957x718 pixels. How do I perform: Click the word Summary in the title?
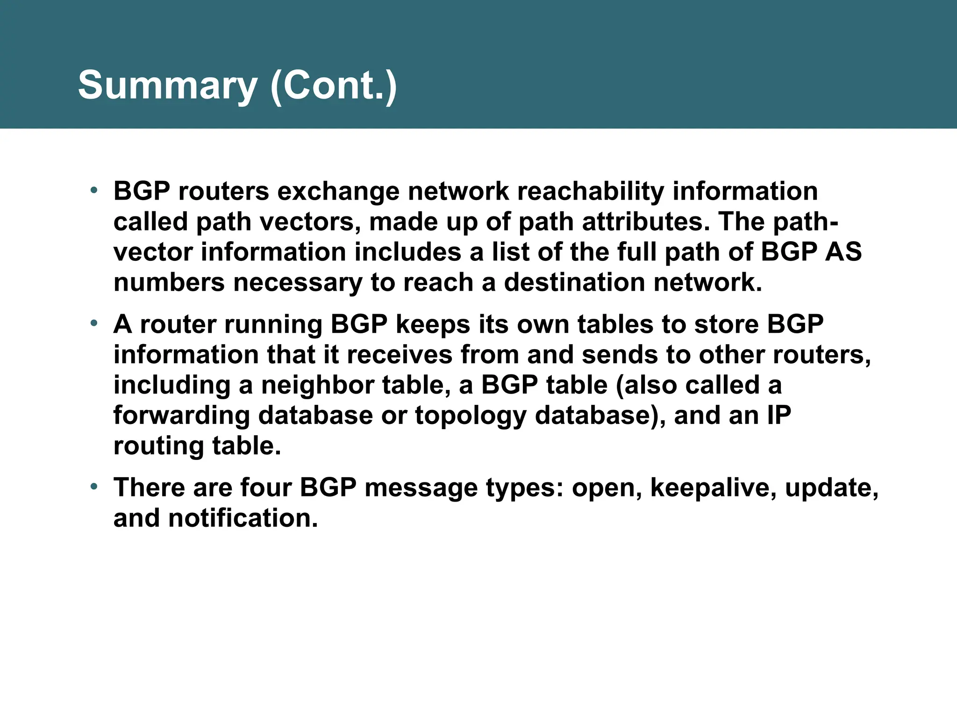tap(167, 86)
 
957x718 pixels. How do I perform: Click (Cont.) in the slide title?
tap(333, 86)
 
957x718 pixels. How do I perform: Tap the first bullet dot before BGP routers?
tap(94, 190)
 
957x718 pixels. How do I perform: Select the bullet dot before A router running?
tap(94, 323)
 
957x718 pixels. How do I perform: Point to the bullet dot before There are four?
tap(94, 487)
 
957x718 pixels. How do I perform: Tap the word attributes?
tap(647, 222)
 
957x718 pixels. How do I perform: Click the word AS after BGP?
tap(843, 252)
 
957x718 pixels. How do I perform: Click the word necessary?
tap(298, 282)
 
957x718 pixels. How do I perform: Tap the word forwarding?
tap(182, 416)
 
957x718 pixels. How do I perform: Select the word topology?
tap(470, 416)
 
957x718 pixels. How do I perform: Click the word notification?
tap(243, 518)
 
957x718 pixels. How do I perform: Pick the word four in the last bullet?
tap(266, 488)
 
